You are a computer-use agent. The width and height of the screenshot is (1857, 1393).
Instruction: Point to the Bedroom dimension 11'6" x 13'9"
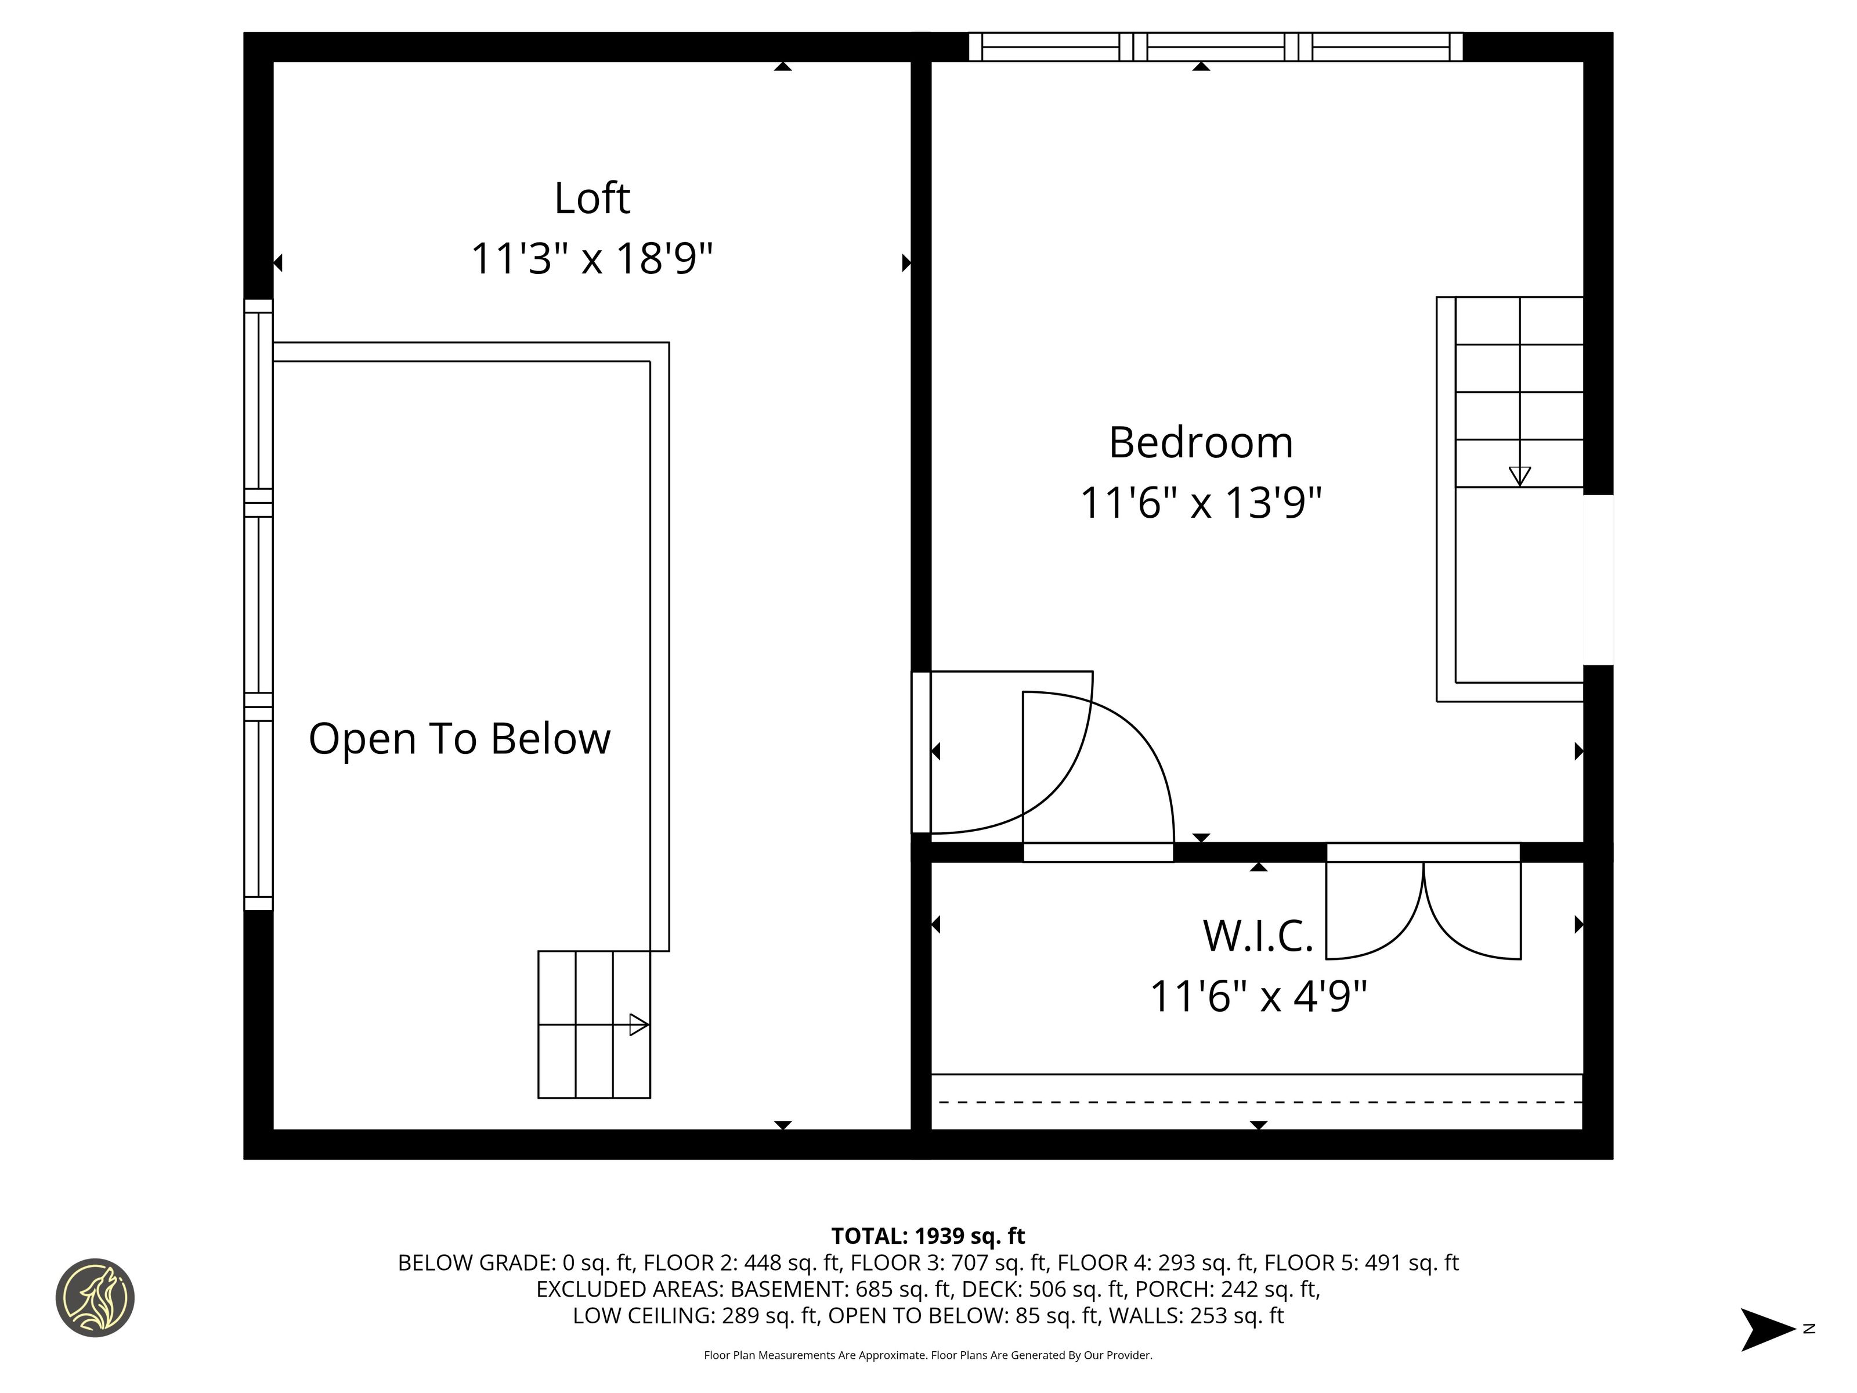point(1201,503)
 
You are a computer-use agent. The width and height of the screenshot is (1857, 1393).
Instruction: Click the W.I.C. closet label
point(1258,936)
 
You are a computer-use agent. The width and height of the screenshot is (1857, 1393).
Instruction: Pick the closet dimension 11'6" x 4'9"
point(1258,997)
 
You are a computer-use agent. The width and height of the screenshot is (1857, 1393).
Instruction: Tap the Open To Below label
point(459,739)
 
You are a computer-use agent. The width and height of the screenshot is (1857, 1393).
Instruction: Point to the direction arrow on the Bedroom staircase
point(1519,476)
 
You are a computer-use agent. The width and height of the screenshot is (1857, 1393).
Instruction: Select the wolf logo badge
point(95,1297)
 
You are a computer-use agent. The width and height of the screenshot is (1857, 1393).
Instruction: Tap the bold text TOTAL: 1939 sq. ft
point(928,1236)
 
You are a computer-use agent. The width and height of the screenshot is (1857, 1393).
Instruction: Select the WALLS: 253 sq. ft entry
point(1196,1316)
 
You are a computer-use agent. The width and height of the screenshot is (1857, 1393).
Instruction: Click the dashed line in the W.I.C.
point(1257,1102)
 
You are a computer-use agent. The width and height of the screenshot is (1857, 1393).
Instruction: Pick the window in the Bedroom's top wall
point(1216,47)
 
